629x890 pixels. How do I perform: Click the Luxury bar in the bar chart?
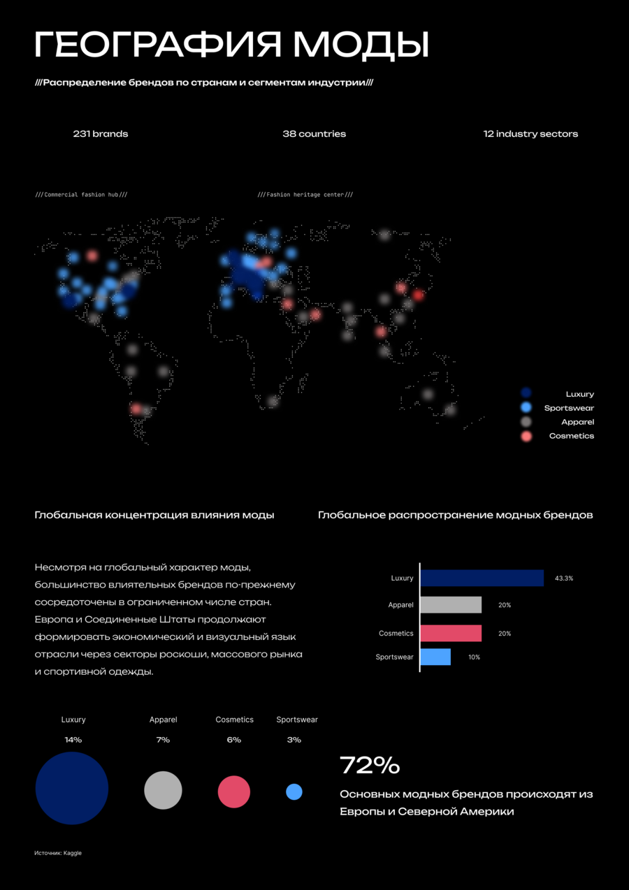(482, 578)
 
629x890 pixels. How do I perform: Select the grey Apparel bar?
(451, 605)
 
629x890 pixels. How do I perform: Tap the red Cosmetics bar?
(451, 633)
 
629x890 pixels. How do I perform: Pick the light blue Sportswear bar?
(436, 657)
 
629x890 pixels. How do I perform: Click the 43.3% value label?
(564, 578)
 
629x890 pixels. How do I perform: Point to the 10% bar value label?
(474, 657)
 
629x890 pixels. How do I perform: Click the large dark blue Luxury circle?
(72, 788)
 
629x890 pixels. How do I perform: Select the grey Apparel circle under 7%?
(163, 790)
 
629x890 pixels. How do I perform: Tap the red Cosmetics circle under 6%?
(234, 792)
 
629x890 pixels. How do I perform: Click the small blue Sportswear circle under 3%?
(294, 792)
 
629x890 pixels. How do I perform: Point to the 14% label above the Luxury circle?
(73, 740)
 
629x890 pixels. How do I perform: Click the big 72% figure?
(370, 765)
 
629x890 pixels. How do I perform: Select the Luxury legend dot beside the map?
(526, 393)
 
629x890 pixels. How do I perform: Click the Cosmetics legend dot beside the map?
(526, 436)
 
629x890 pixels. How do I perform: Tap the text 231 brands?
(101, 134)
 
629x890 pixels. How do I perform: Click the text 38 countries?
(314, 134)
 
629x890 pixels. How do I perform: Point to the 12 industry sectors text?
(530, 134)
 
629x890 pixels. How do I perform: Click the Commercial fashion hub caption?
(81, 195)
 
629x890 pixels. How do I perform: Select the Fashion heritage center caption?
(305, 195)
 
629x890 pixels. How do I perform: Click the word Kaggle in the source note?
(73, 853)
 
